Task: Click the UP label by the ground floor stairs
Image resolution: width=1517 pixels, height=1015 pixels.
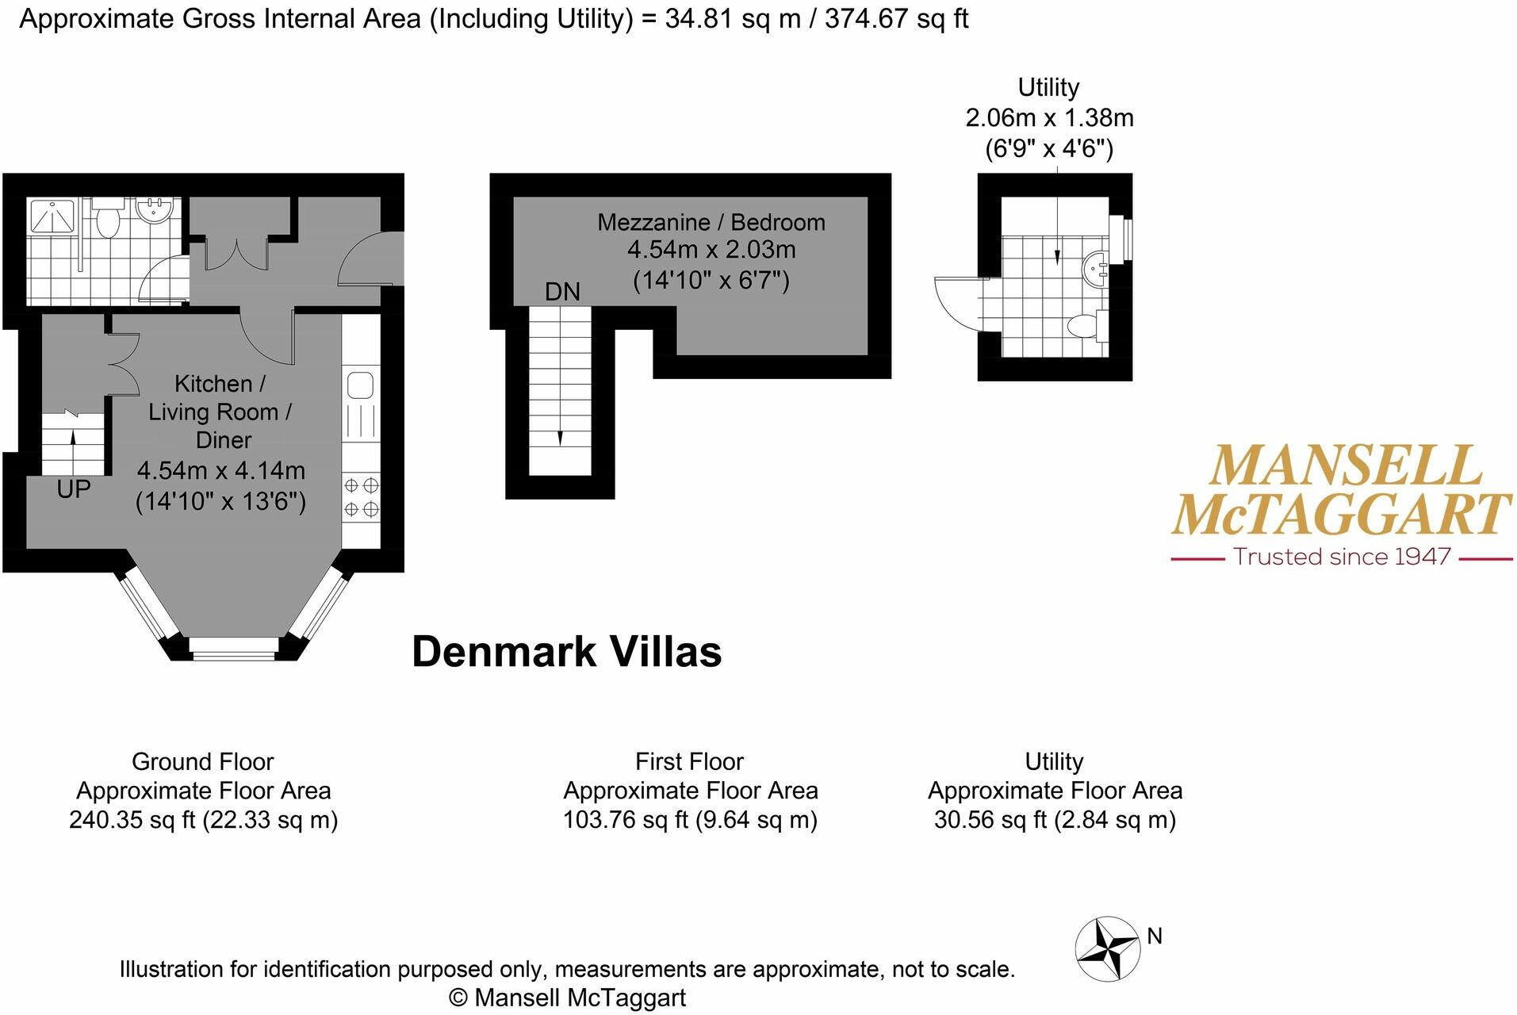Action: click(x=74, y=489)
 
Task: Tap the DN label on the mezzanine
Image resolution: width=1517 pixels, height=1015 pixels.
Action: click(x=562, y=292)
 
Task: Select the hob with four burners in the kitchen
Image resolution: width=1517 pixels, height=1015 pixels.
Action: click(x=362, y=496)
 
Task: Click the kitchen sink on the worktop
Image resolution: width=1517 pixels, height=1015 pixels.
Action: click(x=361, y=385)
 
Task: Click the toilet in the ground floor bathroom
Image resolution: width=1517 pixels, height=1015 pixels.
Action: click(x=107, y=219)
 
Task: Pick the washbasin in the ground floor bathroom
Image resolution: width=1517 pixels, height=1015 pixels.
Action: click(x=153, y=211)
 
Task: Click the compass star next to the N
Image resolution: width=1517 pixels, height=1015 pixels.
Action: click(x=1108, y=949)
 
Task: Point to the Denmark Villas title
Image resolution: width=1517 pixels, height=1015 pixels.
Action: click(x=566, y=652)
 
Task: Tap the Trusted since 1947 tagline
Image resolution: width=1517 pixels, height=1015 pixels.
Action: click(x=1342, y=557)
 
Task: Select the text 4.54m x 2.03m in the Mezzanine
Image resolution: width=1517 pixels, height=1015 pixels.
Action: click(x=711, y=250)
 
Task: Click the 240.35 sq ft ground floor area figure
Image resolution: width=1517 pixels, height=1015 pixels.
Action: click(x=132, y=819)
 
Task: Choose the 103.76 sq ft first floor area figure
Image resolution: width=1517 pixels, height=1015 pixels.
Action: click(x=626, y=819)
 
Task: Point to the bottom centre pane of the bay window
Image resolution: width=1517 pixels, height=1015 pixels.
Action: click(x=235, y=655)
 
